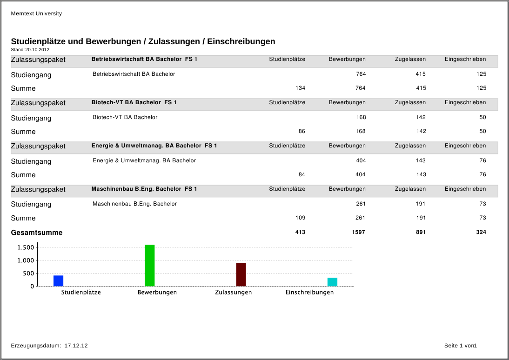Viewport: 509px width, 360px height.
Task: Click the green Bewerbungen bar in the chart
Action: [x=149, y=265]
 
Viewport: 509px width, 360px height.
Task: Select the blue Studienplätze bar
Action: [x=58, y=281]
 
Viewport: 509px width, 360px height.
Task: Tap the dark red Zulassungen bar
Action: [x=241, y=274]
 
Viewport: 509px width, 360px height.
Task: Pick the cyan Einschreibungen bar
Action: [x=332, y=282]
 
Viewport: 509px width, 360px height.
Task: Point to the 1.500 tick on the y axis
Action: [x=26, y=247]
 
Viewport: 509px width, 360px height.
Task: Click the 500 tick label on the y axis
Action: [x=27, y=273]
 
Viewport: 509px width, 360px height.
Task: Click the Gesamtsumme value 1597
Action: [x=357, y=232]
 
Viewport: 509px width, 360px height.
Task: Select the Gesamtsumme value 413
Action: [x=300, y=232]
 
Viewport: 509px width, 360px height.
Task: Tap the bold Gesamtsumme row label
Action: [x=37, y=233]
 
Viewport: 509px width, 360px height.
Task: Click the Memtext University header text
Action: [x=36, y=13]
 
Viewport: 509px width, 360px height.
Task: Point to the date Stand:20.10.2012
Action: [x=30, y=49]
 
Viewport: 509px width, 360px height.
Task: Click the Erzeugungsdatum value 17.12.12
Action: [x=76, y=346]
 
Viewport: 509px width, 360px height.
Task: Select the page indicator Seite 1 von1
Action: [x=461, y=346]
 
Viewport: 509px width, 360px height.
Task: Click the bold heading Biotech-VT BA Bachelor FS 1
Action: [x=134, y=102]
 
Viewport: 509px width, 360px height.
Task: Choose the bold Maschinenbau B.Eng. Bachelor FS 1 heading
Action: [x=144, y=189]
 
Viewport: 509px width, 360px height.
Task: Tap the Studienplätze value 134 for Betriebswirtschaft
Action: [x=300, y=88]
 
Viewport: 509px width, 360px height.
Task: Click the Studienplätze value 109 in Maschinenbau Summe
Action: [x=300, y=218]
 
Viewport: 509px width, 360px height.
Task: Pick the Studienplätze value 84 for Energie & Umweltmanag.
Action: [x=301, y=174]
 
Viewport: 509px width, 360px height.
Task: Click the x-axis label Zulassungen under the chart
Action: [x=233, y=293]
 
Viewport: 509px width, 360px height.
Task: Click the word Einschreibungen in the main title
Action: [x=241, y=41]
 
